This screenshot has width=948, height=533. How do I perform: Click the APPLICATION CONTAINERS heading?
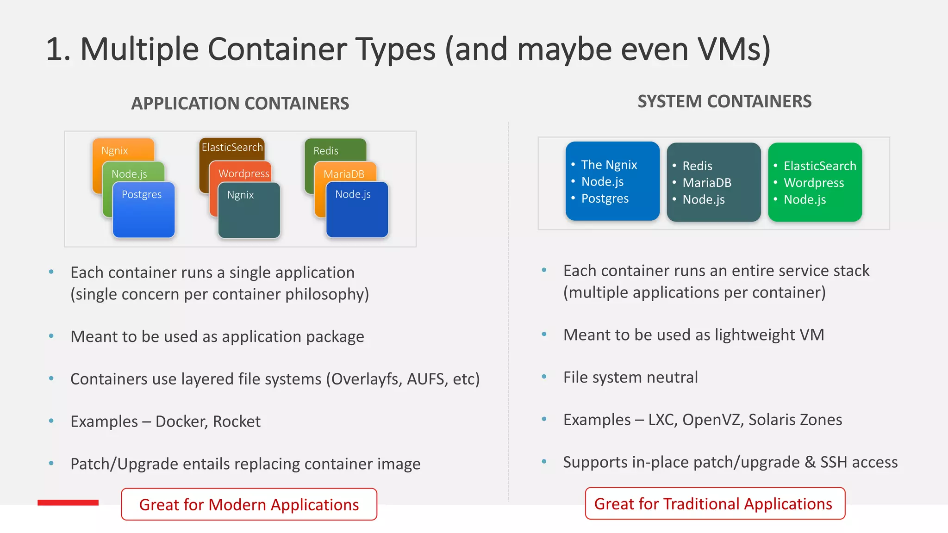(240, 103)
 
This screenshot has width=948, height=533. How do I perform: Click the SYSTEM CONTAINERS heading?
(724, 101)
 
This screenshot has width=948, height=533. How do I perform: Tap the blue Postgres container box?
(143, 211)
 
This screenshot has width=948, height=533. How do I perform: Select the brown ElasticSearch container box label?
(232, 147)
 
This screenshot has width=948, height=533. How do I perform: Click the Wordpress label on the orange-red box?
(243, 174)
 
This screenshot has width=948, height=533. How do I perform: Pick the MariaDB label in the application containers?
(344, 174)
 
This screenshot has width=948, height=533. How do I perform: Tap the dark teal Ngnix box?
(249, 211)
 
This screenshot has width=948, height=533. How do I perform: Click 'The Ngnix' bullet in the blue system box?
(609, 165)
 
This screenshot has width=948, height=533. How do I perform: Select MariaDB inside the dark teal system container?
(707, 183)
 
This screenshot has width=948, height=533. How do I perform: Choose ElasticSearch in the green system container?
(819, 166)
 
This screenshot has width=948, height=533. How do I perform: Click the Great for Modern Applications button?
(249, 504)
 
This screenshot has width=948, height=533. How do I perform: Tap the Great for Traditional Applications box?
(715, 503)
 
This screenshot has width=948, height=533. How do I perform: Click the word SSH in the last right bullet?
(834, 462)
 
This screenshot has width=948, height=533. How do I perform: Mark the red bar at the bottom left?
(68, 502)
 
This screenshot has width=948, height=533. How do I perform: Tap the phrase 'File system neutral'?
(630, 377)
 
